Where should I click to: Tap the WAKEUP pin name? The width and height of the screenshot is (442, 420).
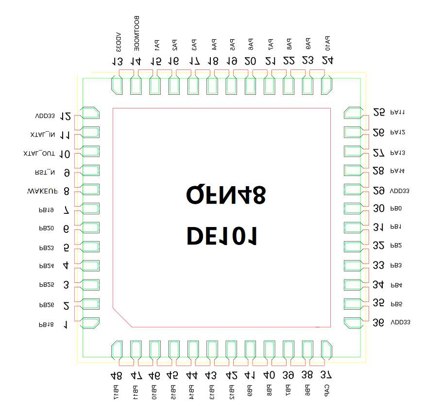(43, 191)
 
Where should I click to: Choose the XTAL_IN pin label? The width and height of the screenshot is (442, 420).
(42, 135)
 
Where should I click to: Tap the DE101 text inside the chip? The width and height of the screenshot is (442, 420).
(222, 236)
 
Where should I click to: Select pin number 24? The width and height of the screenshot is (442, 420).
(327, 61)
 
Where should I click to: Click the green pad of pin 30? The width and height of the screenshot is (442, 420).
(352, 209)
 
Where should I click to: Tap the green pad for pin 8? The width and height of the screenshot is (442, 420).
(90, 190)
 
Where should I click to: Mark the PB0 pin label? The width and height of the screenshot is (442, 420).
(396, 209)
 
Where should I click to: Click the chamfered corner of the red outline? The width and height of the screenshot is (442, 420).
(122, 317)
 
